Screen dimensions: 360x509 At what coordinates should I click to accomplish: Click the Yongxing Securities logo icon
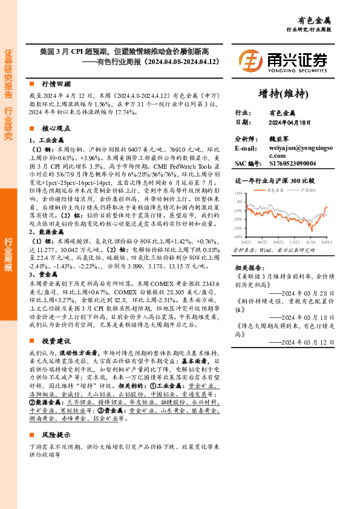pyautogui.click(x=250, y=62)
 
